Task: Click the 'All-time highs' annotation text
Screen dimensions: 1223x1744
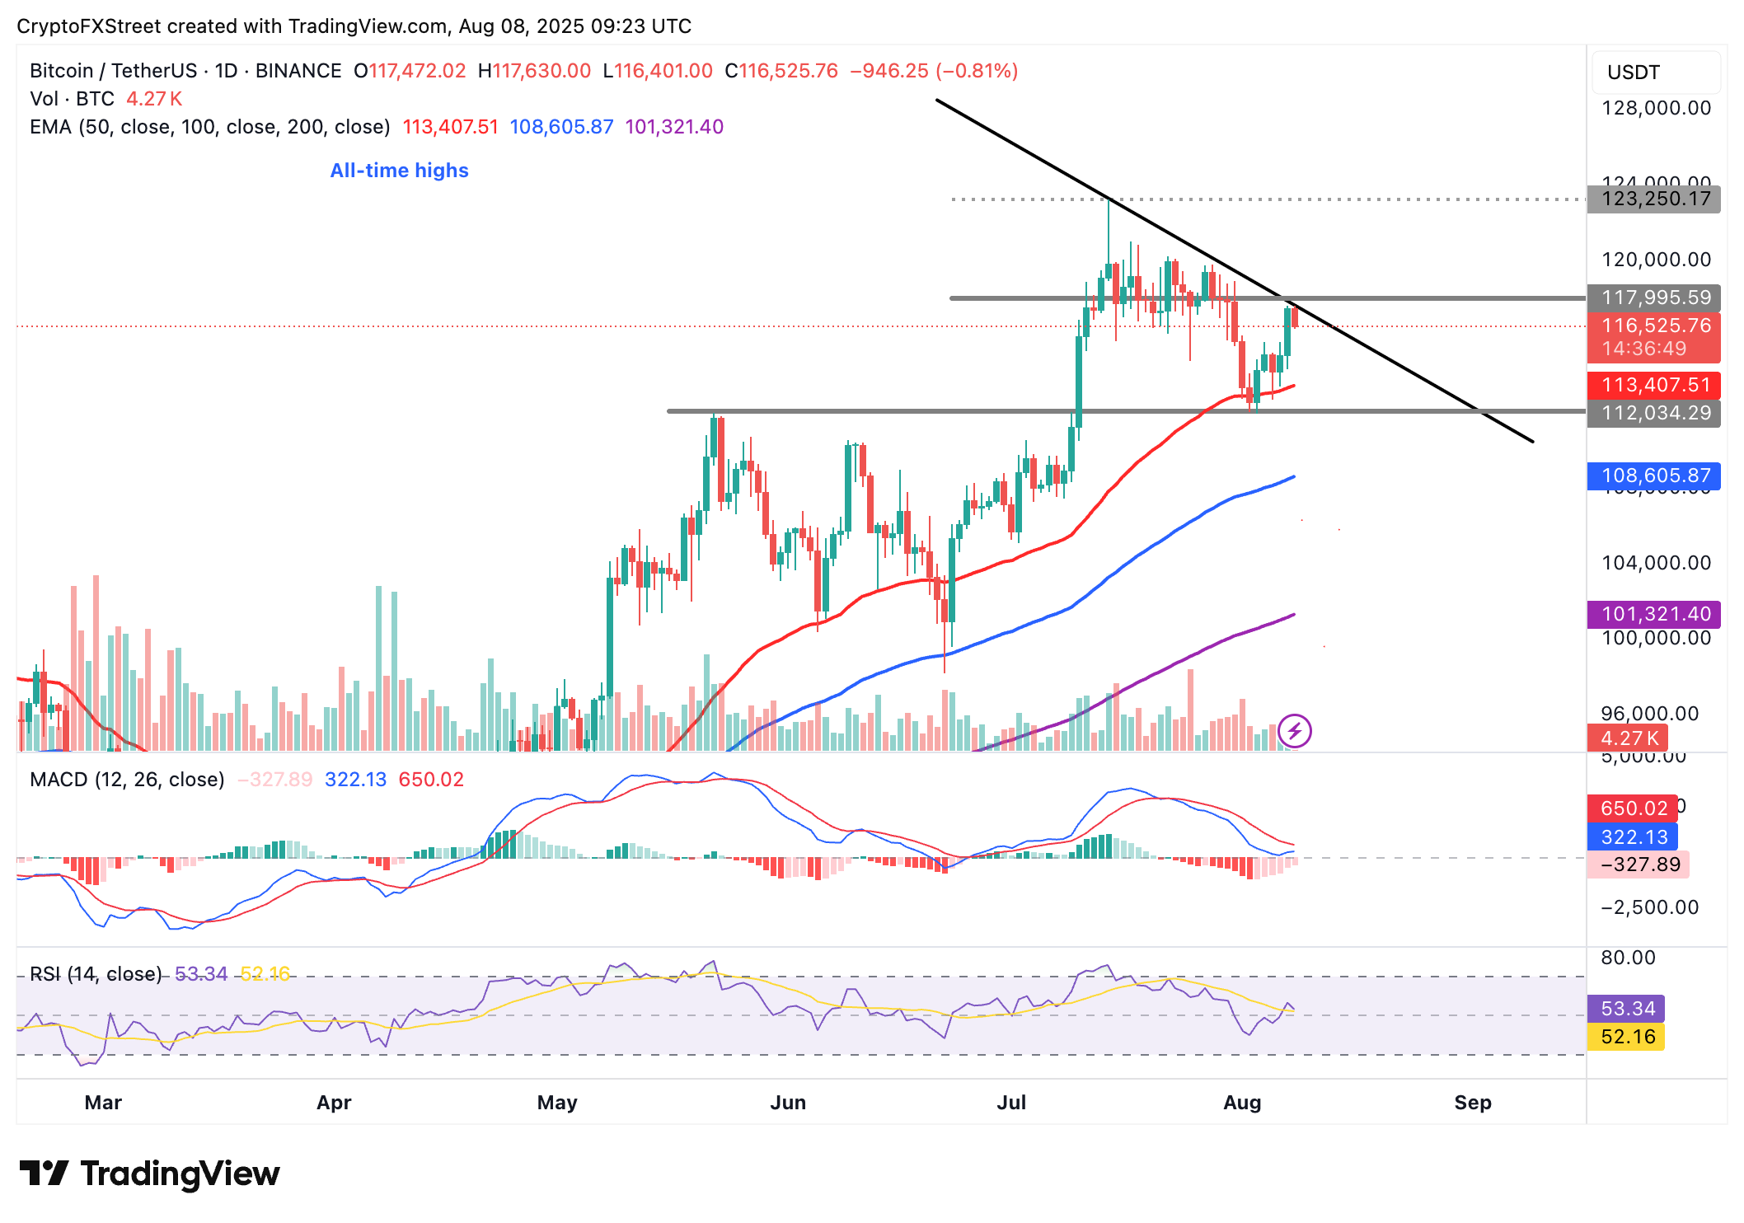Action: tap(399, 171)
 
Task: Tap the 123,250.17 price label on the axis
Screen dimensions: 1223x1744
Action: tap(1655, 199)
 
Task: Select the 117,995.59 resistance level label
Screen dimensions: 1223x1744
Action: tap(1655, 298)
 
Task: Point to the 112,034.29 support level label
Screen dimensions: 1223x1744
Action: tap(1655, 413)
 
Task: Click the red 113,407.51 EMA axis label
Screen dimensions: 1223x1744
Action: tap(1655, 385)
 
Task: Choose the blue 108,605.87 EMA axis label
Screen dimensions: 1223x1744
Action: tap(1655, 476)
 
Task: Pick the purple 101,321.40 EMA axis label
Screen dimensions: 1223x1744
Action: tap(1655, 614)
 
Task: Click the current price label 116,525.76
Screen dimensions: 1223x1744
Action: tap(1655, 326)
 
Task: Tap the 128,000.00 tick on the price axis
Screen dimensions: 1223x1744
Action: tap(1655, 108)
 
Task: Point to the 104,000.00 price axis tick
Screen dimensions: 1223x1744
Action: tap(1655, 563)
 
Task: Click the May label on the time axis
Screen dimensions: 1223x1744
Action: tap(557, 1103)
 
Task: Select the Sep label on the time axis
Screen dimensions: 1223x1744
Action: tap(1472, 1103)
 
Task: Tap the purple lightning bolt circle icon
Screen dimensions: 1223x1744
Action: tap(1294, 731)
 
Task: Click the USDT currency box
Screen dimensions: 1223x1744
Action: tap(1655, 73)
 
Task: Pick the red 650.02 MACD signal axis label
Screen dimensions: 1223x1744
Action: tap(1633, 808)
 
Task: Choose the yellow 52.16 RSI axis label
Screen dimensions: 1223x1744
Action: tap(1627, 1037)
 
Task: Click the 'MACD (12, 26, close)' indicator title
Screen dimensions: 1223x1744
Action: tap(127, 780)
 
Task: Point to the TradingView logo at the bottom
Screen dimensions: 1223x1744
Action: tap(149, 1174)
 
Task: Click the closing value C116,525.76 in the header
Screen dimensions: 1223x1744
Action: tap(781, 71)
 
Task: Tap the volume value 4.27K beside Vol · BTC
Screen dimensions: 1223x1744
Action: tap(154, 99)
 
